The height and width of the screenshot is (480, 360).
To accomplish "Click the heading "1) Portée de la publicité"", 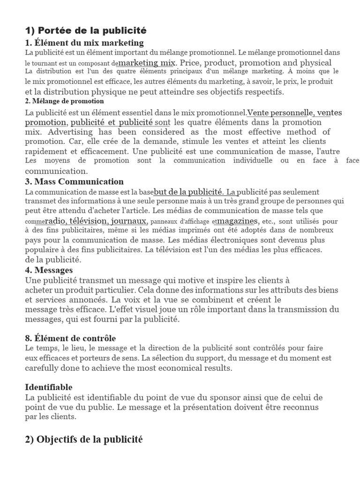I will (86, 31).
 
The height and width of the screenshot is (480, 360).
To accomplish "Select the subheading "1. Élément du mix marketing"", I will (84, 43).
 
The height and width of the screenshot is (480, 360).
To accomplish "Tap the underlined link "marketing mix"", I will (147, 62).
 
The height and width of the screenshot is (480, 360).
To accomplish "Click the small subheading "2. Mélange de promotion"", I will (64, 101).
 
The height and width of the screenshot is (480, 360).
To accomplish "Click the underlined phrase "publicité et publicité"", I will (112, 122).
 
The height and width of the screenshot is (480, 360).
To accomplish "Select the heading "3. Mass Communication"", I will (74, 181).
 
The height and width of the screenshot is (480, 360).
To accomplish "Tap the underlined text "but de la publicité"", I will (188, 192).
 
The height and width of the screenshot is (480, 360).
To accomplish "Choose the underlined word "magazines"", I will (238, 221).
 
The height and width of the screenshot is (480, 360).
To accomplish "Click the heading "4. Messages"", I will (49, 270).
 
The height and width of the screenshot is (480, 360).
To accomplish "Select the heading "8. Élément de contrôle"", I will (70, 338).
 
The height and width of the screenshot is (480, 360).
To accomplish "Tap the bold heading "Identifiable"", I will (49, 387).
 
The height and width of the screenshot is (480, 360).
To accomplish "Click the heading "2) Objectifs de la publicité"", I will (83, 439).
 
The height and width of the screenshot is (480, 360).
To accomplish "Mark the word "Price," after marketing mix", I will (190, 62).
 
